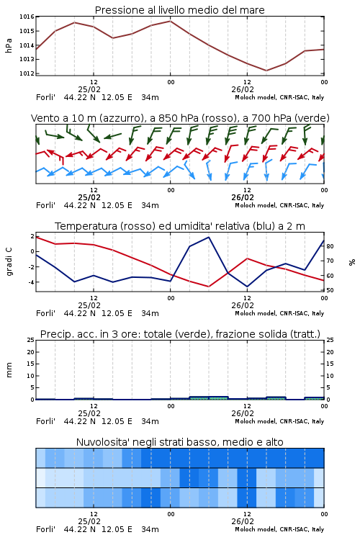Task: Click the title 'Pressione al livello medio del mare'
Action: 179,10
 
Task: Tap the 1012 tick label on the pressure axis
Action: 27,73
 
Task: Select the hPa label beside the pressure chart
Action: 9,45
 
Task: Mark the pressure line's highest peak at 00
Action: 170,21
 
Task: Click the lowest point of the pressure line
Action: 266,71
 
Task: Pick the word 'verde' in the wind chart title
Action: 312,118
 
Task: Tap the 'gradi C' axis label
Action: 9,262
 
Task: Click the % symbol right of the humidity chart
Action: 352,262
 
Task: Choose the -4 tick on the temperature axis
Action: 31,282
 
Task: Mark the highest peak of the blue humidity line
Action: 209,237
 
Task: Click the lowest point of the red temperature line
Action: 209,287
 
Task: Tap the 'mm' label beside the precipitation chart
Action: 9,370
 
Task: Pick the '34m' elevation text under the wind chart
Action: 150,205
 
